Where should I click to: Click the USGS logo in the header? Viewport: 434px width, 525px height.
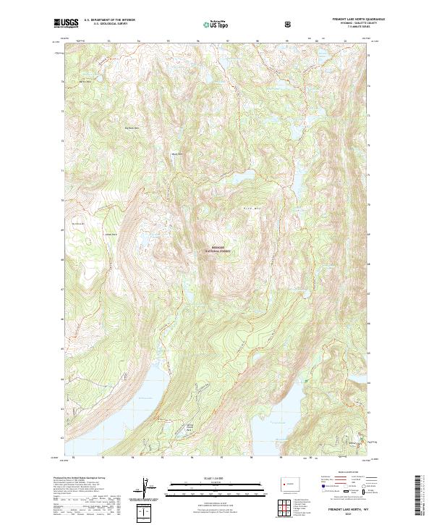(67, 24)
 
